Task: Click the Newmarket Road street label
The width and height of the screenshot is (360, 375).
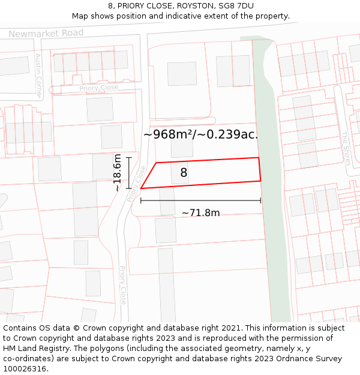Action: coord(46,33)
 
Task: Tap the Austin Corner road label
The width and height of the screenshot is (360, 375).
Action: coord(38,76)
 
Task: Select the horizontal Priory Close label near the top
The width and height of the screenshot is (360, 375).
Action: coord(98,88)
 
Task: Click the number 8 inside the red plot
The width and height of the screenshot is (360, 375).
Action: coord(184,173)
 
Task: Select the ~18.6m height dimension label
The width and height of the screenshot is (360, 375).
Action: coord(118,173)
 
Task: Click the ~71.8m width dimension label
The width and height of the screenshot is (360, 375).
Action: coord(200,212)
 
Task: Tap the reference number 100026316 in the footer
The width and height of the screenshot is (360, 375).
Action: coord(25,369)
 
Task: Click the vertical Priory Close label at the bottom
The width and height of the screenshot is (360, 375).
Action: coord(123,285)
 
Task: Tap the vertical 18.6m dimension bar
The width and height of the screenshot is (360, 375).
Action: coord(128,173)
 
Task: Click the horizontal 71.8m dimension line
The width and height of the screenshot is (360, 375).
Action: coord(200,200)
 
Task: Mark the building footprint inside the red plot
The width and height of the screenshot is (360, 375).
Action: coord(179,173)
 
